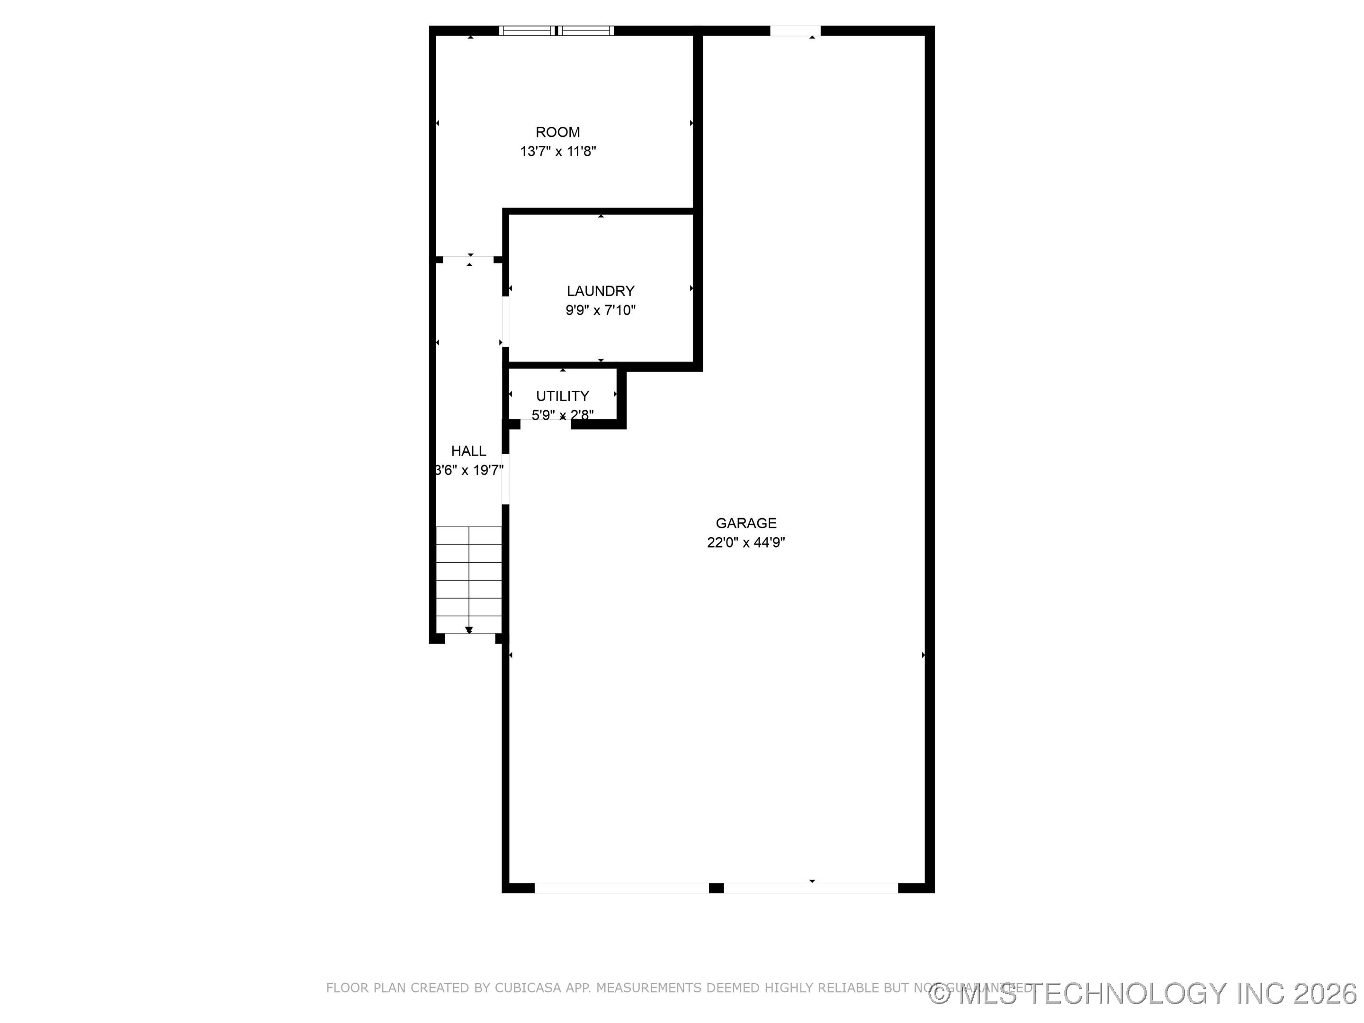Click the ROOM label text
pyautogui.click(x=557, y=132)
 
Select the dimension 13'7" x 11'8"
pyautogui.click(x=558, y=152)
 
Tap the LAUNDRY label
pyautogui.click(x=601, y=291)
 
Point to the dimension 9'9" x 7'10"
pyautogui.click(x=601, y=310)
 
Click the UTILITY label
pyautogui.click(x=562, y=396)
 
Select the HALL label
pyautogui.click(x=469, y=451)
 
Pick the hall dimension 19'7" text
pyautogui.click(x=470, y=470)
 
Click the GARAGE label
pyautogui.click(x=745, y=523)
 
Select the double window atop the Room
pyautogui.click(x=556, y=30)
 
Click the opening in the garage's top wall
pyautogui.click(x=795, y=31)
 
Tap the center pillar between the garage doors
pyautogui.click(x=716, y=888)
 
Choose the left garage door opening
pyautogui.click(x=621, y=888)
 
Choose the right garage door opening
pyautogui.click(x=810, y=888)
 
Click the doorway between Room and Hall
pyautogui.click(x=469, y=260)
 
